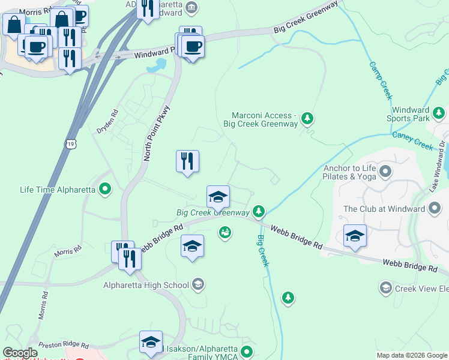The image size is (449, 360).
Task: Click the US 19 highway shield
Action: click(71, 145)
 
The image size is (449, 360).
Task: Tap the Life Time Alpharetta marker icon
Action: click(106, 190)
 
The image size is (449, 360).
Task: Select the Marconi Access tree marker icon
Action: click(307, 118)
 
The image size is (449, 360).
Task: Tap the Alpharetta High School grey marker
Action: click(199, 284)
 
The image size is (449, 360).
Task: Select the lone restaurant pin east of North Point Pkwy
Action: click(187, 161)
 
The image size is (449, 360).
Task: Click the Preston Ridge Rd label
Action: click(63, 346)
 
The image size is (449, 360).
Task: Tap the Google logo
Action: click(20, 353)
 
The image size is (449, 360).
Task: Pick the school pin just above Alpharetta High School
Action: click(192, 246)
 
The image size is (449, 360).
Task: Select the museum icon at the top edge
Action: click(191, 7)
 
